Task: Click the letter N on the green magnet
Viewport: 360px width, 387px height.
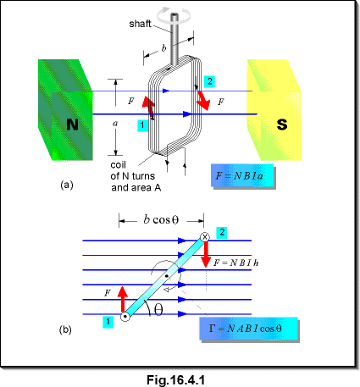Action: pyautogui.click(x=72, y=124)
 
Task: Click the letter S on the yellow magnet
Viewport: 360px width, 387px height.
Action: pyautogui.click(x=282, y=124)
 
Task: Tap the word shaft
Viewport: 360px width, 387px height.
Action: pyautogui.click(x=140, y=24)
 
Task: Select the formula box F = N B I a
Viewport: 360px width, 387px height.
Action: pyautogui.click(x=242, y=175)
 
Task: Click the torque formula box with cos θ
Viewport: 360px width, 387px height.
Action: pyautogui.click(x=249, y=329)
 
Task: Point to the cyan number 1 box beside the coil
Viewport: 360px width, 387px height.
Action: pyautogui.click(x=143, y=125)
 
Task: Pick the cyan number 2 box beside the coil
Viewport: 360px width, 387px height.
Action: pyautogui.click(x=209, y=81)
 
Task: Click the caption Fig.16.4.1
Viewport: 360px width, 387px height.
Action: pyautogui.click(x=175, y=380)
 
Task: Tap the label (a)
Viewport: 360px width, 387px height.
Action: pyautogui.click(x=67, y=185)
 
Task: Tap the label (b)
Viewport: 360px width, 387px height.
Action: pyautogui.click(x=65, y=329)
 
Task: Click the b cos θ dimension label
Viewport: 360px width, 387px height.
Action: pyautogui.click(x=161, y=219)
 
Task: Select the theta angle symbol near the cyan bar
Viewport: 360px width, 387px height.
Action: pyautogui.click(x=158, y=310)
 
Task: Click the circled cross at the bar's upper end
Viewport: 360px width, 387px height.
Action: pyautogui.click(x=205, y=237)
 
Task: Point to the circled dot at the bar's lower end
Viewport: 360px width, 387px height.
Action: pyautogui.click(x=125, y=317)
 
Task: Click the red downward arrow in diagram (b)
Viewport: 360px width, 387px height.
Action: pyautogui.click(x=206, y=254)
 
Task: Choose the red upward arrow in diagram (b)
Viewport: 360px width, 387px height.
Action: pyautogui.click(x=123, y=299)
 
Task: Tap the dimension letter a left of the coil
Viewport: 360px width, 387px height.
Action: pyautogui.click(x=115, y=124)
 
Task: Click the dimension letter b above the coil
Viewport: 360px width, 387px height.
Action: pyautogui.click(x=164, y=48)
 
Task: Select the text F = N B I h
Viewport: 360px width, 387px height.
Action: pyautogui.click(x=235, y=263)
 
